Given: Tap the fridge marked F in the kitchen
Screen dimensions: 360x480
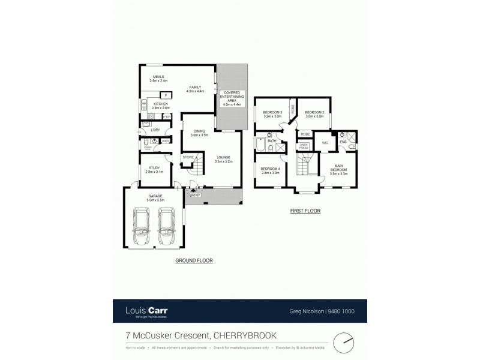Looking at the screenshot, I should click(x=166, y=95).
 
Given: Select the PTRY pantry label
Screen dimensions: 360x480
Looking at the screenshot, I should click(x=167, y=116).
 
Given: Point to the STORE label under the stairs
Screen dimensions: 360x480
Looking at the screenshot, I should click(x=188, y=157).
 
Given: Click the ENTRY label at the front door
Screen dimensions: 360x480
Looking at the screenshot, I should click(x=194, y=195).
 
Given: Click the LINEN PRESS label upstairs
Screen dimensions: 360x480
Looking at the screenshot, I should click(x=304, y=146).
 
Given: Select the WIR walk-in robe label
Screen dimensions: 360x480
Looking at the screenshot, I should click(x=325, y=143).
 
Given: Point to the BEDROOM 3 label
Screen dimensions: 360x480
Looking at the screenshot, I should click(x=272, y=112).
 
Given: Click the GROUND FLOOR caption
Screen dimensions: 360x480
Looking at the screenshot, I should click(x=194, y=260).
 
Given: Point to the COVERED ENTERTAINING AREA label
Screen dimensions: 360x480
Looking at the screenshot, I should click(x=231, y=98).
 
